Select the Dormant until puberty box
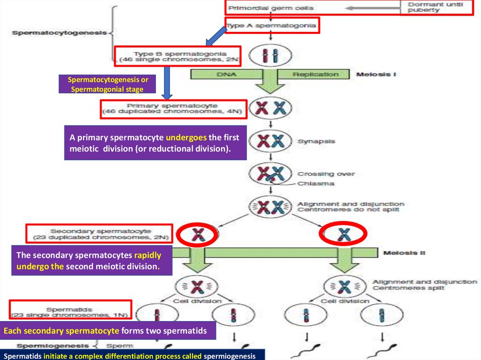[x=438, y=8]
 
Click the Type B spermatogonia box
[x=178, y=57]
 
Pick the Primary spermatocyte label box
[x=173, y=109]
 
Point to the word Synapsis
[x=316, y=141]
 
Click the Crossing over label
[x=326, y=174]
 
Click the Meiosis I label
[x=375, y=74]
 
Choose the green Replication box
[x=315, y=74]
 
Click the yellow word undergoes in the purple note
[x=186, y=138]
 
